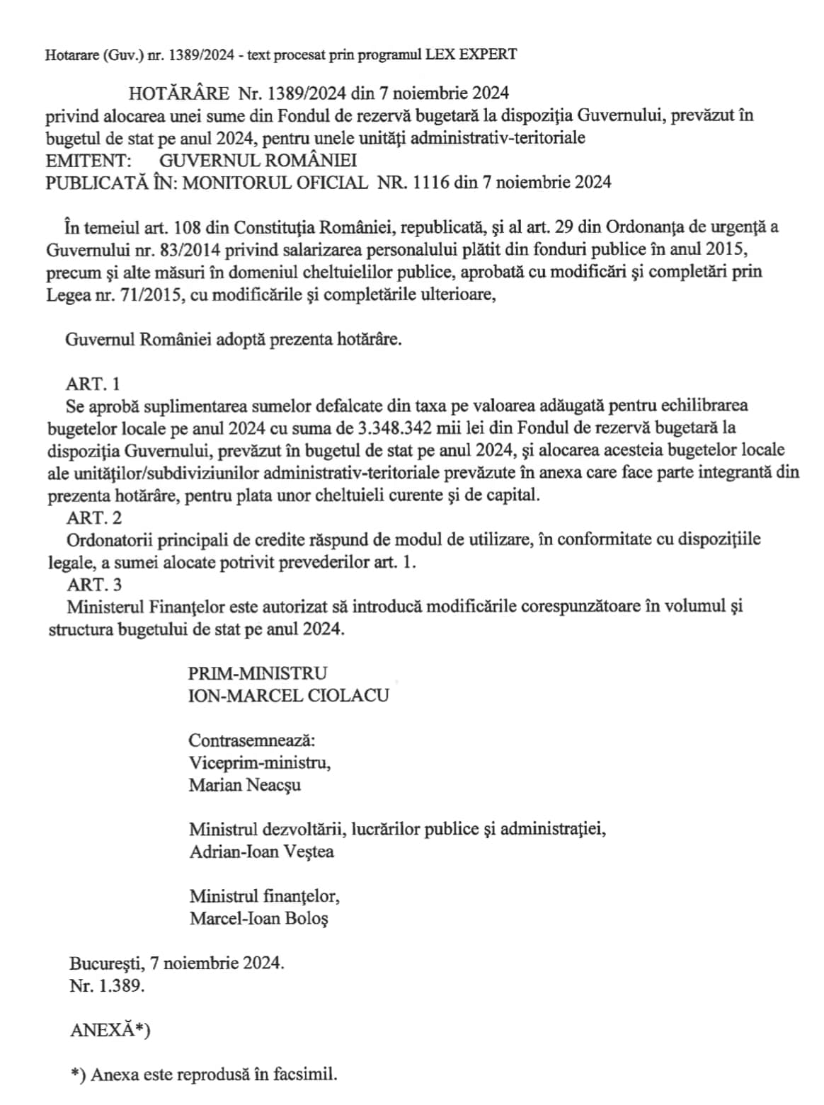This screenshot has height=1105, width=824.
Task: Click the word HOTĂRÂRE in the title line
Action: tap(179, 93)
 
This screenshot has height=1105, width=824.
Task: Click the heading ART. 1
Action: tap(93, 384)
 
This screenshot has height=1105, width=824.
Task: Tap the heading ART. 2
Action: tap(93, 517)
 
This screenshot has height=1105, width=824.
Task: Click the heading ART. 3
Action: tap(93, 585)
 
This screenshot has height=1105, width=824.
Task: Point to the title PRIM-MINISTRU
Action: tap(258, 673)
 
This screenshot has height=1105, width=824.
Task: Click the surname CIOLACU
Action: tap(348, 695)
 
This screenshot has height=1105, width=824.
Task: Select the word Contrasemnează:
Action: tap(251, 740)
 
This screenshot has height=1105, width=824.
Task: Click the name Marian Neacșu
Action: tap(245, 785)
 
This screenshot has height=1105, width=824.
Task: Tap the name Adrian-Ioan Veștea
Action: tap(261, 852)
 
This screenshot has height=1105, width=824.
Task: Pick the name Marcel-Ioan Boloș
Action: tap(258, 919)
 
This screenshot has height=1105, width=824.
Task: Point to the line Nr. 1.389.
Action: tap(107, 986)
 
